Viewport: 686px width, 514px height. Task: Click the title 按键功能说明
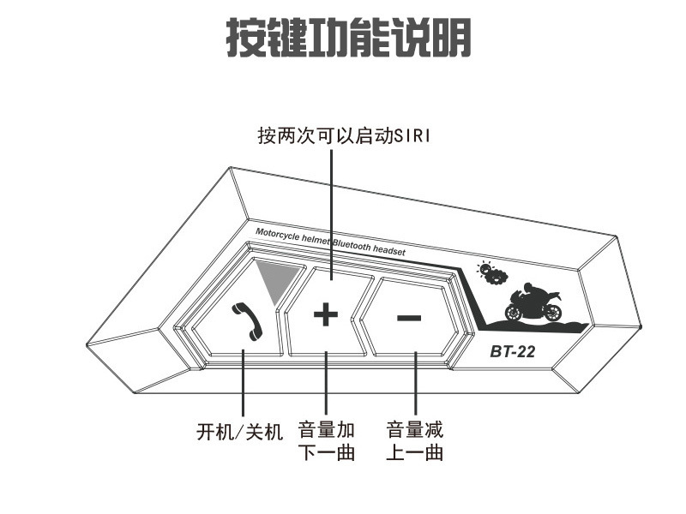click(x=348, y=38)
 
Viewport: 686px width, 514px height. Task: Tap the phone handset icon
click(x=246, y=321)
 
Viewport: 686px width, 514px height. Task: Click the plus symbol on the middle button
click(x=326, y=314)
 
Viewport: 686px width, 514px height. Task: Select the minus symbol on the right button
click(x=409, y=318)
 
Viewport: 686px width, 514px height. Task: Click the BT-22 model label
click(x=513, y=351)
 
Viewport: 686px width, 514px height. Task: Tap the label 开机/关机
click(x=240, y=432)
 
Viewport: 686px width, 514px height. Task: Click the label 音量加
click(x=327, y=430)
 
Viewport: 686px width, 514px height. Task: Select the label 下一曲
click(x=327, y=452)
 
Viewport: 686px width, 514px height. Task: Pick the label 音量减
click(x=415, y=430)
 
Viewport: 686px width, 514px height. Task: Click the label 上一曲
click(x=415, y=452)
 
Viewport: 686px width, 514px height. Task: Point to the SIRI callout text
click(x=344, y=136)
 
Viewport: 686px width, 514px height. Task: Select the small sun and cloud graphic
click(x=492, y=272)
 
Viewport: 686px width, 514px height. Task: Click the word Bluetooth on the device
click(x=351, y=245)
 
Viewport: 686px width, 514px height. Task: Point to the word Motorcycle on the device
click(x=278, y=235)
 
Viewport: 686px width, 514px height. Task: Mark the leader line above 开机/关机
click(x=244, y=383)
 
